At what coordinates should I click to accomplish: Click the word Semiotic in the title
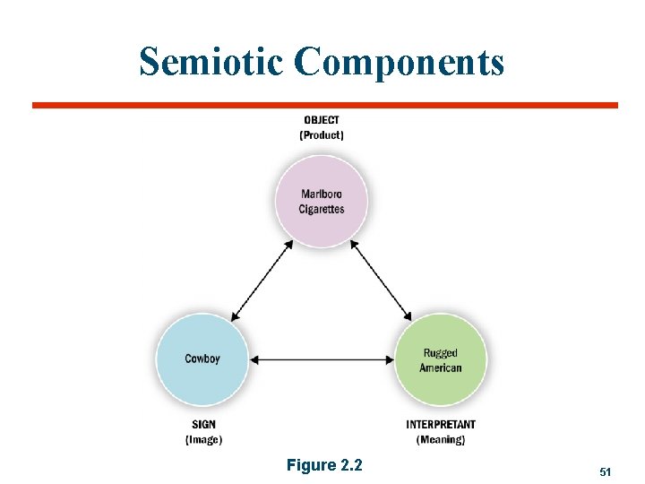211,62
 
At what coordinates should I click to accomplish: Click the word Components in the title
399,62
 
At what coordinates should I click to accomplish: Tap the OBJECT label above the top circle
322,120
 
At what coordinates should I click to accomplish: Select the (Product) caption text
322,135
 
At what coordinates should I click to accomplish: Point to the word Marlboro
322,194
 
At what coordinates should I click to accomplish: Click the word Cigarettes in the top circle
322,209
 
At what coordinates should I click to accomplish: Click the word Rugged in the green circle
441,353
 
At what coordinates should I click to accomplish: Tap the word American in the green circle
441,367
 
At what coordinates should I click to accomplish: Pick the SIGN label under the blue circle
202,424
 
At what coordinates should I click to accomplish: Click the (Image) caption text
203,439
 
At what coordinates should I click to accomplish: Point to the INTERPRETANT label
441,424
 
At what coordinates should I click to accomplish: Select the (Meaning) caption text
441,439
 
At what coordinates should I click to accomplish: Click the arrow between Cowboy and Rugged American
321,360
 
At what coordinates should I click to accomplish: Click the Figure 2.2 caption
324,465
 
